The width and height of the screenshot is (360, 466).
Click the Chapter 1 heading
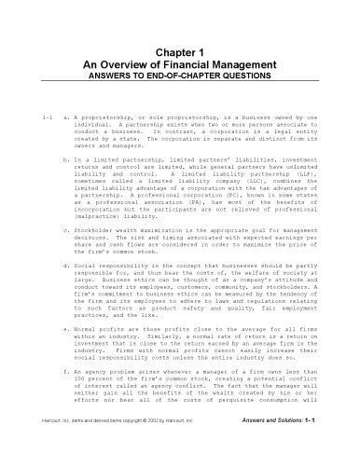pos(180,54)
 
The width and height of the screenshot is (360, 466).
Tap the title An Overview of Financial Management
pos(180,66)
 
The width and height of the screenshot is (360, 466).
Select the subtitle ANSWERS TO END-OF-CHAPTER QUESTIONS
pos(180,77)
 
